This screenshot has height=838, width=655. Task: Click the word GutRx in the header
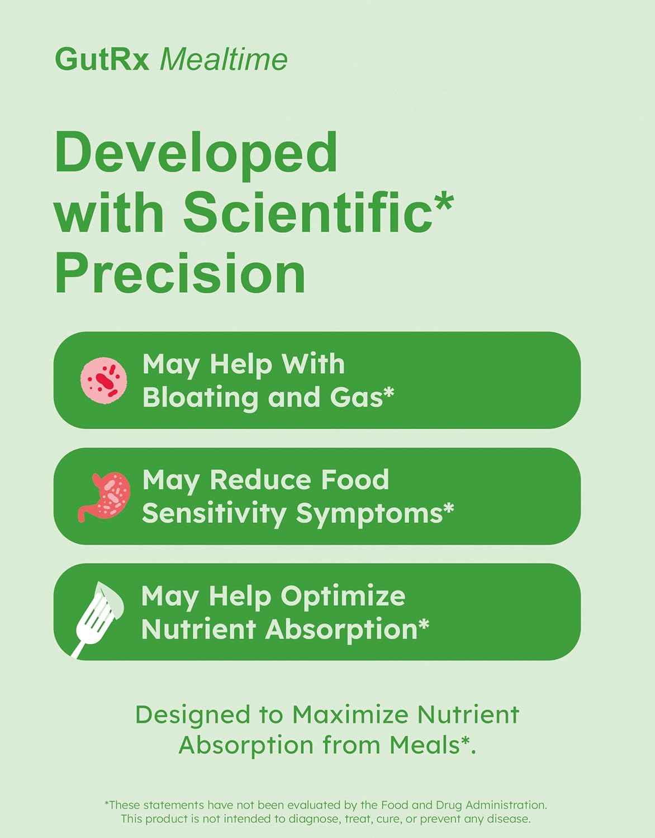pos(102,59)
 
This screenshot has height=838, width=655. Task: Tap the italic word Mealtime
pos(224,59)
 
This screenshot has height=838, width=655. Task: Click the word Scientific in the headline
pos(308,212)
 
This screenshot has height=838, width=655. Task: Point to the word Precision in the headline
pos(180,273)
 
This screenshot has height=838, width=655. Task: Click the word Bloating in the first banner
pos(200,398)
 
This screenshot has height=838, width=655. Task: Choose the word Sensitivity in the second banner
pos(213,513)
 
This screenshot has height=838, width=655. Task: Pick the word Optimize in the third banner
pos(343,596)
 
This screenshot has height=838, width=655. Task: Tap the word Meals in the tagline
pos(424,745)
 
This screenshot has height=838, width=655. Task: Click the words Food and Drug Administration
pos(463,805)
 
